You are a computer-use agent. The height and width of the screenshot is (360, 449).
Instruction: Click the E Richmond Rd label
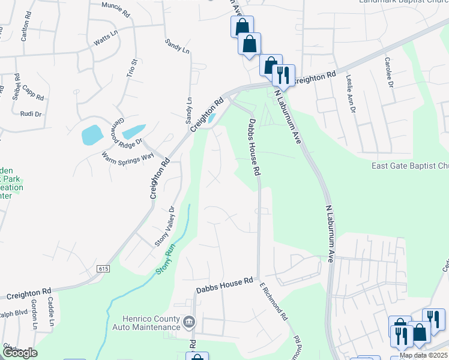pyautogui.click(x=274, y=301)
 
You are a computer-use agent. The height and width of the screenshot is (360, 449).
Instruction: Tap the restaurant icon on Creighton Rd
pyautogui.click(x=283, y=76)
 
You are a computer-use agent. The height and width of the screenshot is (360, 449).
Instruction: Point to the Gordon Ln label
pyautogui.click(x=34, y=313)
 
